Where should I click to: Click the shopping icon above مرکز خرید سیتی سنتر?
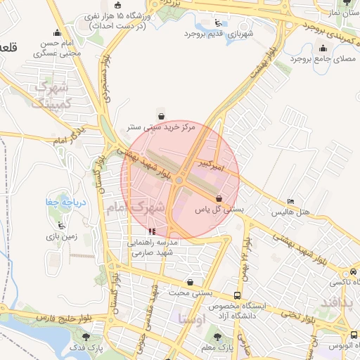(x=162, y=117)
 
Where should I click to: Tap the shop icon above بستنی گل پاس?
(x=219, y=198)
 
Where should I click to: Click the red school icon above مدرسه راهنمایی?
(x=151, y=231)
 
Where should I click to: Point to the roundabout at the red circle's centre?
(x=179, y=181)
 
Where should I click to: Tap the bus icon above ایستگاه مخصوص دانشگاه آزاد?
(x=238, y=295)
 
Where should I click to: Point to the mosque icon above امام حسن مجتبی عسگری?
(x=56, y=32)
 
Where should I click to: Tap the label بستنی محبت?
(x=188, y=293)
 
